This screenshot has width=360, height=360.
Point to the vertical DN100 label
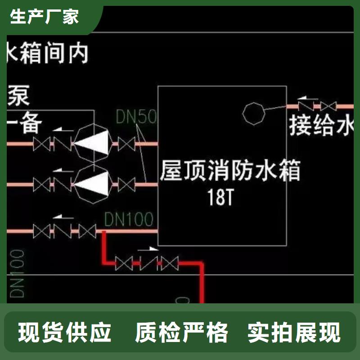(x=18, y=274)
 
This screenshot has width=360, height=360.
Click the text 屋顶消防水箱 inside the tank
(x=230, y=171)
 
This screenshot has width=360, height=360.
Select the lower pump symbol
(x=92, y=184)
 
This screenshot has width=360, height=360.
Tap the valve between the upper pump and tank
(x=126, y=144)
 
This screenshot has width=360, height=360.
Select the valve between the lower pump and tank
(x=126, y=184)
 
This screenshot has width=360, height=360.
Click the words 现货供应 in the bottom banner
(x=65, y=333)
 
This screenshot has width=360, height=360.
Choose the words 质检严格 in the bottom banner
(x=182, y=333)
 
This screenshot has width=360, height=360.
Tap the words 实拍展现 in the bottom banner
(x=294, y=333)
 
